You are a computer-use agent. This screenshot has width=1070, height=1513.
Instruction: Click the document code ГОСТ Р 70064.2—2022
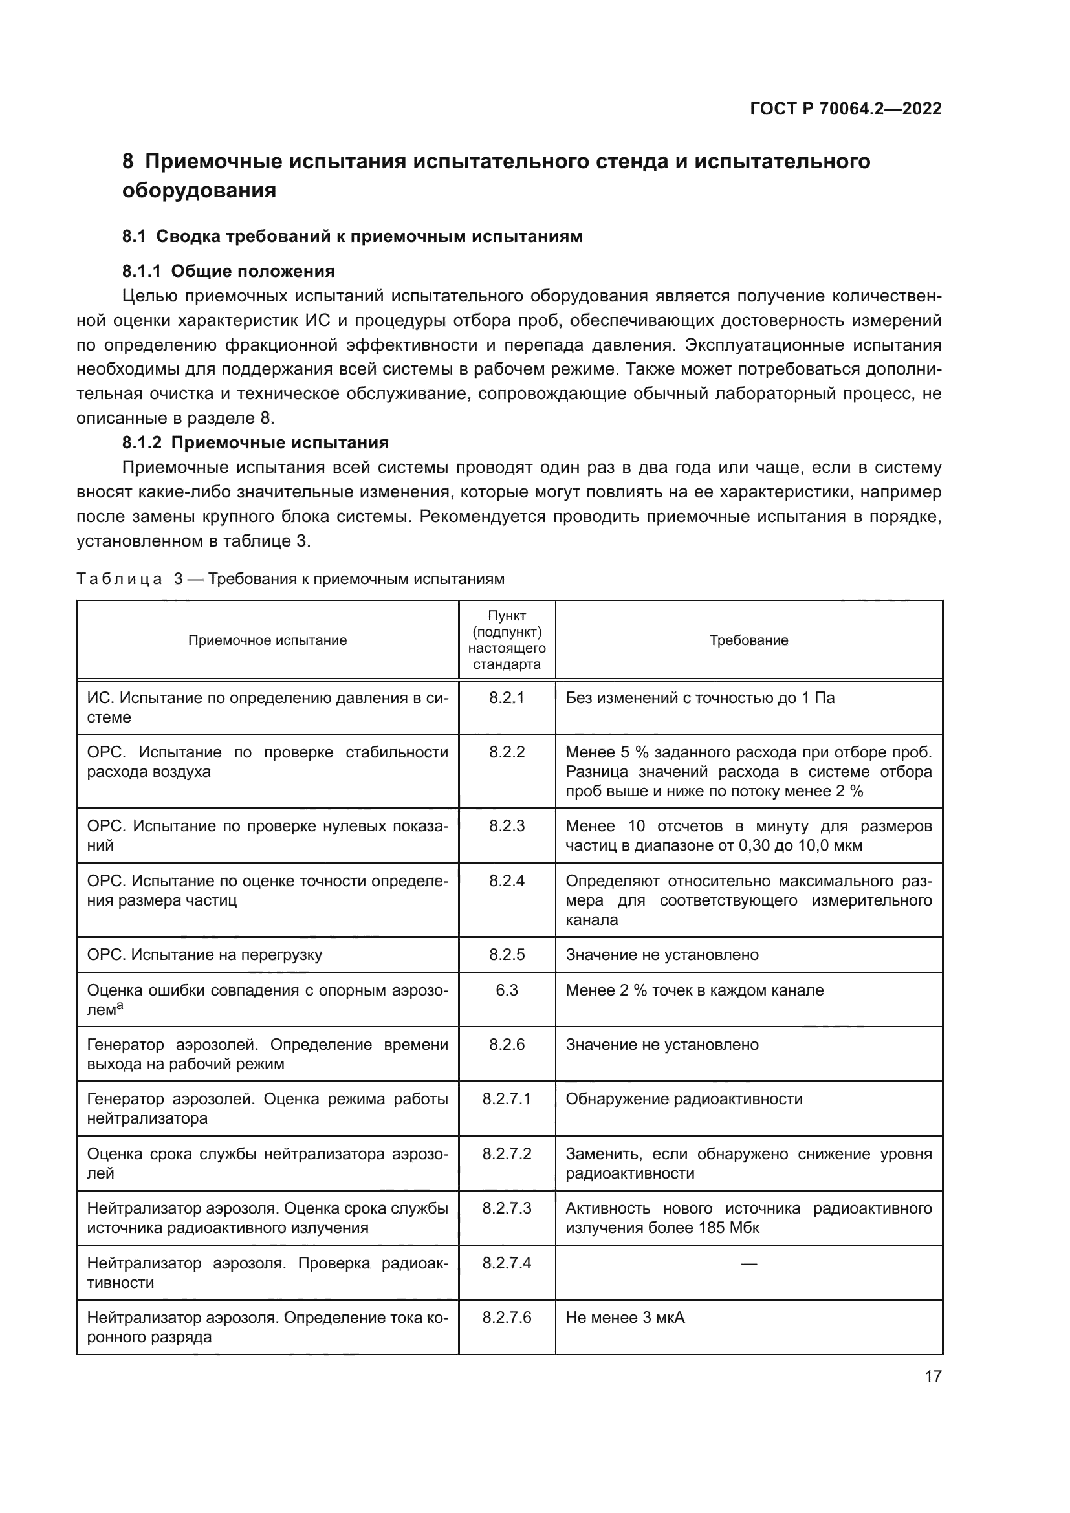click(x=846, y=109)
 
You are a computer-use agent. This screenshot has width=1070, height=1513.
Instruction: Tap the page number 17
click(x=933, y=1376)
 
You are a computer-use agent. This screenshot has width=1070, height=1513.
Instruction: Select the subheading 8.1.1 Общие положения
click(x=228, y=271)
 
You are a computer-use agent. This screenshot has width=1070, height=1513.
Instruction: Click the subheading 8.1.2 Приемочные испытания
click(x=255, y=442)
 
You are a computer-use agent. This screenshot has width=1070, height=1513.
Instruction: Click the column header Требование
click(x=748, y=640)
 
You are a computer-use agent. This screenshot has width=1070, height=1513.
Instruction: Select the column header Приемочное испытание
click(x=268, y=640)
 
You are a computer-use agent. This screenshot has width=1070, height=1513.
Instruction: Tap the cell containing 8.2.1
click(x=507, y=698)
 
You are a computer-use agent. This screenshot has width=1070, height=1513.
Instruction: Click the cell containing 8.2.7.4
click(x=507, y=1263)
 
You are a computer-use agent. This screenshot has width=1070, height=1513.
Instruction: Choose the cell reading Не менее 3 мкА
click(x=626, y=1317)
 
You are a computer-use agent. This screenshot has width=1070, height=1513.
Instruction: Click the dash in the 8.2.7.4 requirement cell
click(x=748, y=1263)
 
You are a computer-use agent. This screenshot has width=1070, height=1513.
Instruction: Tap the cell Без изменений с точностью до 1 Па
click(x=700, y=698)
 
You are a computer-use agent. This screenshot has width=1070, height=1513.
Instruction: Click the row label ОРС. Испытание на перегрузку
click(x=205, y=954)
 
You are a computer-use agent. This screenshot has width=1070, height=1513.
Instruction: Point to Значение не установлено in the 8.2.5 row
click(x=662, y=954)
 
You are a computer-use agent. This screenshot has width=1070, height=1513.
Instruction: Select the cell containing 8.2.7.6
click(x=507, y=1317)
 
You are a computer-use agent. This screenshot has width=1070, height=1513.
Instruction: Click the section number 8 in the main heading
click(x=128, y=162)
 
